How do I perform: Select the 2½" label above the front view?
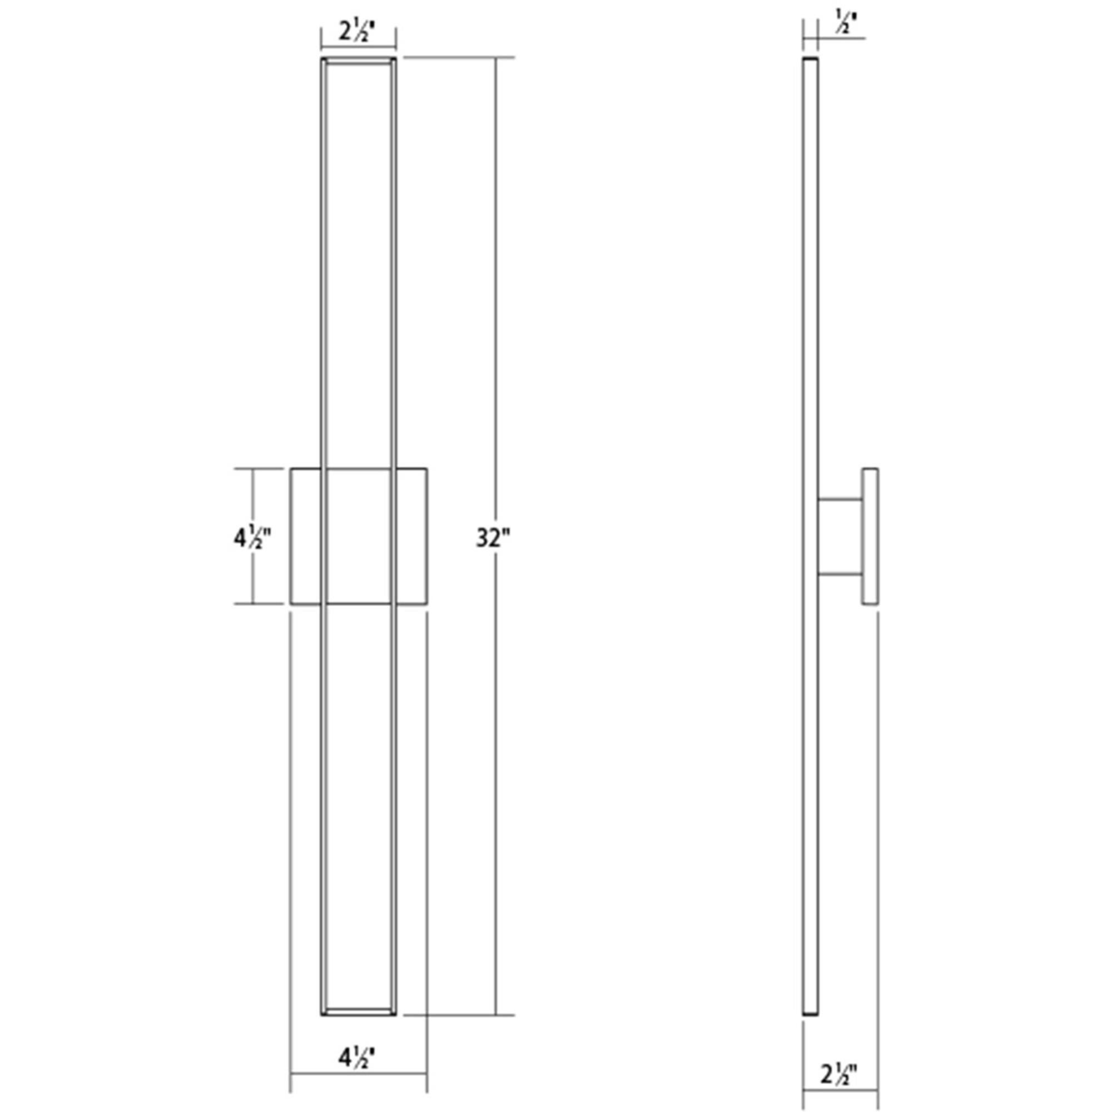(x=358, y=31)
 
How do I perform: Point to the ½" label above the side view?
(x=845, y=24)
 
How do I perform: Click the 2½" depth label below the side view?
(x=839, y=1075)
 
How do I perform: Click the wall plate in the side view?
(x=870, y=536)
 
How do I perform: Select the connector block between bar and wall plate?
(x=840, y=537)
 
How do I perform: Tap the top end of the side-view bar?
(x=811, y=60)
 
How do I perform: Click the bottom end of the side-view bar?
(x=811, y=1029)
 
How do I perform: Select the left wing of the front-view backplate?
(x=306, y=536)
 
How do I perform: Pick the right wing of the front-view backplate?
(x=411, y=536)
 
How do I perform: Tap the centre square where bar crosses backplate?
(x=359, y=536)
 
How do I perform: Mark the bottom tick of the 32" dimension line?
(x=495, y=1031)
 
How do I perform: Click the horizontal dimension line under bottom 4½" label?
(x=358, y=1074)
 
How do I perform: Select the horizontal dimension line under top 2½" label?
(x=358, y=47)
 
